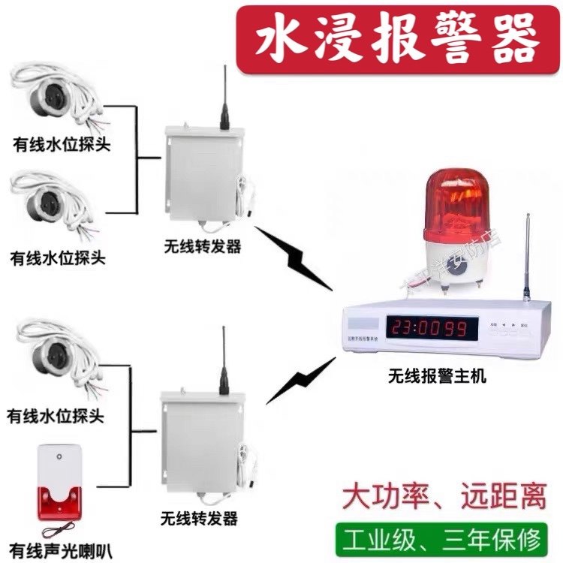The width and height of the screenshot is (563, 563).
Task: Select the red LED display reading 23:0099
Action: click(x=432, y=327)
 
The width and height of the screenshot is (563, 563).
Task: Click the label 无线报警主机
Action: click(x=437, y=376)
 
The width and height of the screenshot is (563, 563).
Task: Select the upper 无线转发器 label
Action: click(x=203, y=245)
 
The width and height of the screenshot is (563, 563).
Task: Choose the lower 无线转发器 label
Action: click(x=200, y=519)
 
